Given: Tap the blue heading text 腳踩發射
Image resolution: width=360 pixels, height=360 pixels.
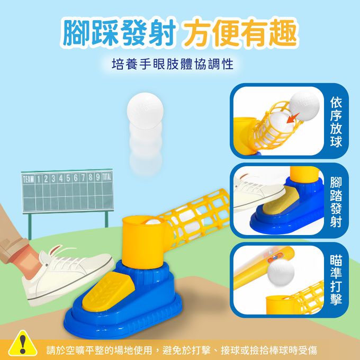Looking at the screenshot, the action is [x=120, y=33].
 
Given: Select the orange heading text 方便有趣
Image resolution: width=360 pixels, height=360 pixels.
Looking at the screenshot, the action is [x=240, y=33].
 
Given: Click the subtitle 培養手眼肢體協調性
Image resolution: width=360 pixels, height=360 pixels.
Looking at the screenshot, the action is [x=173, y=64].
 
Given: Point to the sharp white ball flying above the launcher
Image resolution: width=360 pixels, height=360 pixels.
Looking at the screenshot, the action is [x=145, y=111].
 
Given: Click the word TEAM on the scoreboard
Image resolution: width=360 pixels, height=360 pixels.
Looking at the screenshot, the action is [x=28, y=179].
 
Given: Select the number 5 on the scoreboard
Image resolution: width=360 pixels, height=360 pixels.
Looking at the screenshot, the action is [x=68, y=178].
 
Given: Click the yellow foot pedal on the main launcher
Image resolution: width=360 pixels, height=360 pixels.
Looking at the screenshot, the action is [x=107, y=291].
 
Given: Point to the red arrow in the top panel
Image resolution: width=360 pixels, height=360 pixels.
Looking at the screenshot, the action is [x=293, y=118].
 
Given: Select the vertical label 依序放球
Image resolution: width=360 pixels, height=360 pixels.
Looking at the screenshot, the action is [x=336, y=121].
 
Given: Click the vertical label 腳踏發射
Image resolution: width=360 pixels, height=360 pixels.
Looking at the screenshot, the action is [x=336, y=201].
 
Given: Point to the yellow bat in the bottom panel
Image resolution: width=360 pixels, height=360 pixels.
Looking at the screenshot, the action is [x=264, y=268].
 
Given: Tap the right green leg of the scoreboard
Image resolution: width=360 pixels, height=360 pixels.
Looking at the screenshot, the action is [x=106, y=219].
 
